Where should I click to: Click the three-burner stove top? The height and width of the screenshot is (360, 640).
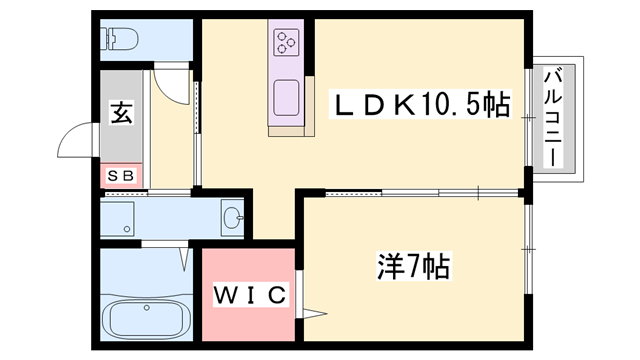point(285,42)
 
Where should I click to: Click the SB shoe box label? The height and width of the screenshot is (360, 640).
point(121,176)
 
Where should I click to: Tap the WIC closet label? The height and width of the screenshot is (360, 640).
point(250,295)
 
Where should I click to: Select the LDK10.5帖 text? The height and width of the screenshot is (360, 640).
point(420,103)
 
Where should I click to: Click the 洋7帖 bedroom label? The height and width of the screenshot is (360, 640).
point(412,267)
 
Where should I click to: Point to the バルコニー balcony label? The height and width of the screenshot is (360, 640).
point(553,118)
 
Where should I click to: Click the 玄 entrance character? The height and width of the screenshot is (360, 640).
point(121,113)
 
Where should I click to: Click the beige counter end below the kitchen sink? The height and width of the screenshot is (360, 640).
point(285,129)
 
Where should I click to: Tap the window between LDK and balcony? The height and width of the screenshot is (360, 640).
point(527,118)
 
